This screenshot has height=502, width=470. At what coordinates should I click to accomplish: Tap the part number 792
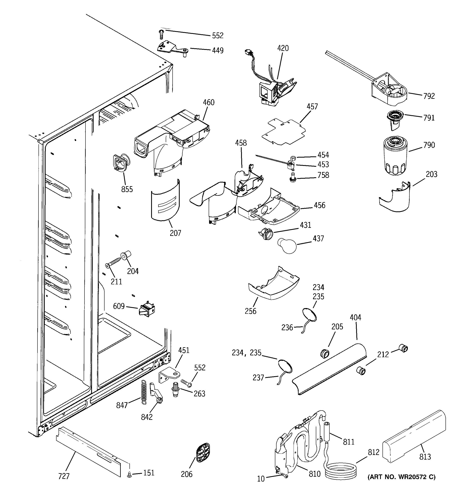[429, 96]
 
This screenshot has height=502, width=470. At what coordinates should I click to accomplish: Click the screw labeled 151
[130, 475]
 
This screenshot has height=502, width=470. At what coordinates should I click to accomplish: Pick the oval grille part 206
[203, 453]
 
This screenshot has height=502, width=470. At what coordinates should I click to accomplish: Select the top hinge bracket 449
[172, 48]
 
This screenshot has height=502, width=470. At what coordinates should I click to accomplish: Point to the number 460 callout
[209, 102]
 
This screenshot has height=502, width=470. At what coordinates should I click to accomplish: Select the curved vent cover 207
[166, 201]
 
